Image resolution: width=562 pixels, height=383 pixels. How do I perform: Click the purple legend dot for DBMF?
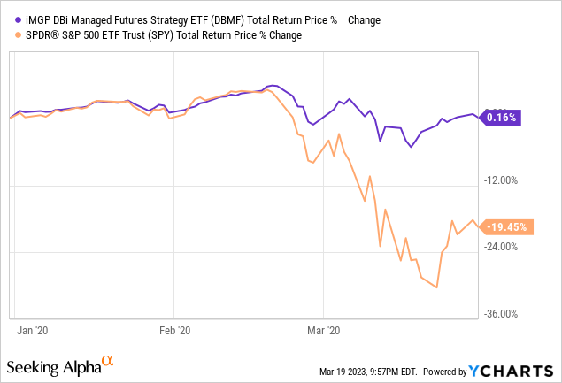coord(19,19)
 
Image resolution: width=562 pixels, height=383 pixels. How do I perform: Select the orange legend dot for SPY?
coord(19,35)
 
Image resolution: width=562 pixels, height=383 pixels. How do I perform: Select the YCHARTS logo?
coord(512,369)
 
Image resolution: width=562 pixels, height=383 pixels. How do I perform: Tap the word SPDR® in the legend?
coord(42,35)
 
